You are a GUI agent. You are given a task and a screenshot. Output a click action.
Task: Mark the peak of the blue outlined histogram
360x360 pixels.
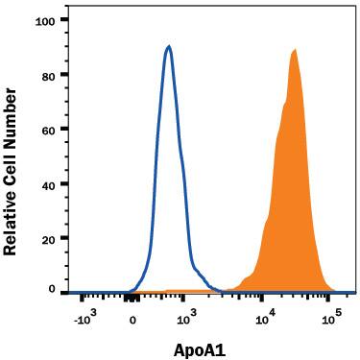169,46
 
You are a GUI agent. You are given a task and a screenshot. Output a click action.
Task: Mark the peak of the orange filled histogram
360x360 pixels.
295,50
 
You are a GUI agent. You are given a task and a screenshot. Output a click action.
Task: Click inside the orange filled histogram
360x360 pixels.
293,192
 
